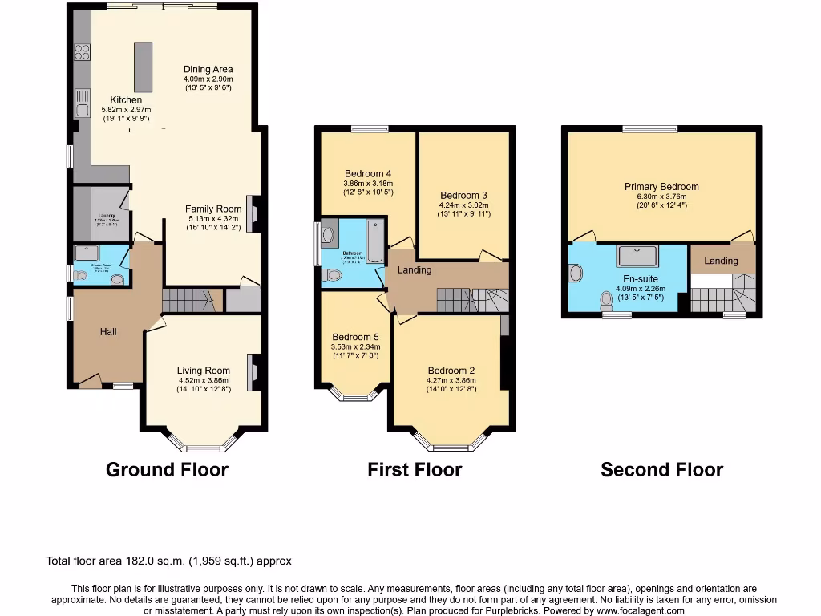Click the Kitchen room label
tap(126, 100)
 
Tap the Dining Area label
tap(208, 70)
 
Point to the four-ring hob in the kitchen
tap(82, 52)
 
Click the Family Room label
tap(208, 209)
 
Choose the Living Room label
tap(203, 371)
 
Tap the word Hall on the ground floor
tap(109, 332)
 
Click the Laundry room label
tap(106, 216)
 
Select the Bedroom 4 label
tap(368, 173)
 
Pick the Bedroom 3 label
tap(463, 195)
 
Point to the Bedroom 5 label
tap(354, 337)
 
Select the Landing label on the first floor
tap(415, 270)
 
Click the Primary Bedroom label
tap(661, 187)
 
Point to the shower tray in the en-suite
tap(637, 256)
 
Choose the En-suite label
tap(629, 278)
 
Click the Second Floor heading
tap(661, 470)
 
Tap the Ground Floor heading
tap(167, 470)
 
